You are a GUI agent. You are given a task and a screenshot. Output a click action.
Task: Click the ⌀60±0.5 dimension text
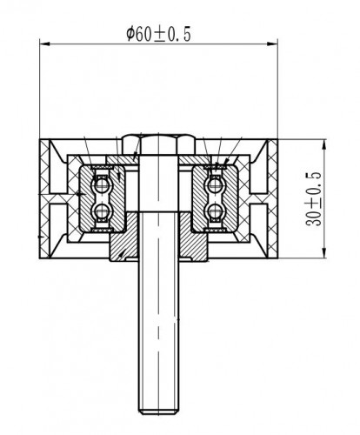tap(158, 34)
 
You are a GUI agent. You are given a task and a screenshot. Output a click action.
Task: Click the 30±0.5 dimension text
tap(314, 199)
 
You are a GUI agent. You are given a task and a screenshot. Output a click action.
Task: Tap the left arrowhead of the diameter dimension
tap(45, 44)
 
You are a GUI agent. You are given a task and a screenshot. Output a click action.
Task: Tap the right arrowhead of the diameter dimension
tap(272, 44)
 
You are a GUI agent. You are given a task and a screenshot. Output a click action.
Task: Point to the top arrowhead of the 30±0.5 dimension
tap(324, 144)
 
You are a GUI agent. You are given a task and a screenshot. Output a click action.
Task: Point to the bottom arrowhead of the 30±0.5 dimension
tap(324, 252)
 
